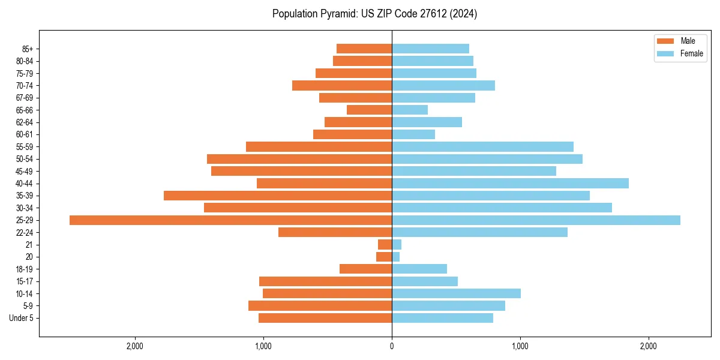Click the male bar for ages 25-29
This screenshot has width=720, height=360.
pos(230,220)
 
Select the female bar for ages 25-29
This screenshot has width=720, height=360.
pos(536,220)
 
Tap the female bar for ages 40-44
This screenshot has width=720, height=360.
pos(510,184)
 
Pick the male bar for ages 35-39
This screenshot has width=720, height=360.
pos(278,196)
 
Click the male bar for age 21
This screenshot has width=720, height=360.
pos(385,245)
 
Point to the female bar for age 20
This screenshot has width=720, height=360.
pos(396,257)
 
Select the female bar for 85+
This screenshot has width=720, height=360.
pos(430,49)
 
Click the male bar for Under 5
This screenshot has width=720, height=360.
pos(325,318)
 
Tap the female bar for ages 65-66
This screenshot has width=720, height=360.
pos(410,110)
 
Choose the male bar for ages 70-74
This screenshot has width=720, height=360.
pos(342,85)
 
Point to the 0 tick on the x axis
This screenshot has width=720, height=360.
pos(392,347)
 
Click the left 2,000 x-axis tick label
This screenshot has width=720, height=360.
pos(135,347)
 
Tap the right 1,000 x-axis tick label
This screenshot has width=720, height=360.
pos(520,347)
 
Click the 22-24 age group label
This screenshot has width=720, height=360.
pos(25,233)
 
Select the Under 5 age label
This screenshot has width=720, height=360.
pos(21,318)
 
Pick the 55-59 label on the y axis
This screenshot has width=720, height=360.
pos(25,147)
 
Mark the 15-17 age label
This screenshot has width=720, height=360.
pos(25,281)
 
